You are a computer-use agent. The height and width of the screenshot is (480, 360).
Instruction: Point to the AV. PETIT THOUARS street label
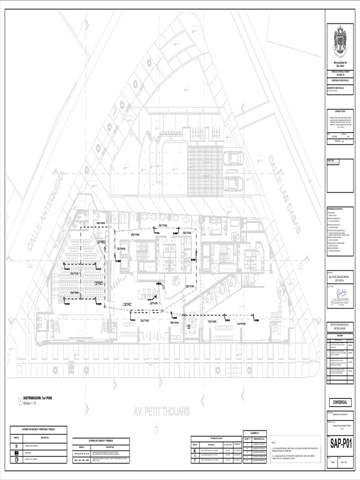162,412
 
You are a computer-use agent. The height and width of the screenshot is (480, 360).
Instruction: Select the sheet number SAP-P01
341,444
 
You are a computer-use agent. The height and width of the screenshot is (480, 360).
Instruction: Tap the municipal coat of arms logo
340,41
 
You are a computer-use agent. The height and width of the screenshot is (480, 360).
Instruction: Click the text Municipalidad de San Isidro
340,64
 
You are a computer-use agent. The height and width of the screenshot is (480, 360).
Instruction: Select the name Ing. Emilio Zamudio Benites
340,277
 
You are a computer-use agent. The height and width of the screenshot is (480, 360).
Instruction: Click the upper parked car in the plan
233,158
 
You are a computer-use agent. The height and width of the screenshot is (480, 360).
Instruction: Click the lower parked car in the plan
233,183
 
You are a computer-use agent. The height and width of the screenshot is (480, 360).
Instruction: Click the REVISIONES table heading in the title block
340,335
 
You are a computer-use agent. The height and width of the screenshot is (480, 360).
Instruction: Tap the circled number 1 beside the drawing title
20,401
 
